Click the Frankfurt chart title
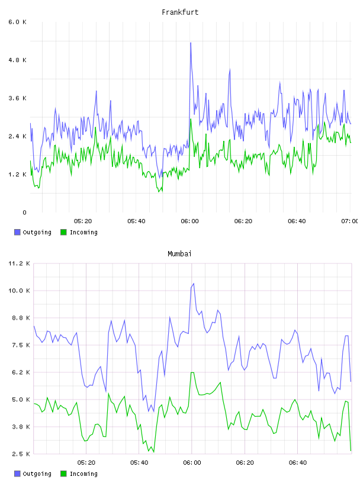pos(180,12)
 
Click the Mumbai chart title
pos(179,254)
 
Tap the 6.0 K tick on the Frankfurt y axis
pos(17,22)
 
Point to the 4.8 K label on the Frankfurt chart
pos(17,60)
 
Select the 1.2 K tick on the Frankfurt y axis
pos(17,175)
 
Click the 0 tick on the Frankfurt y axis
pos(24,212)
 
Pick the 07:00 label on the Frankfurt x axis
pos(350,221)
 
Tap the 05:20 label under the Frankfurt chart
pos(83,221)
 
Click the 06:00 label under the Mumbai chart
pos(192,463)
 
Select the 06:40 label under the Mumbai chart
pos(298,463)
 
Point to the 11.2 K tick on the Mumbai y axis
pos(19,263)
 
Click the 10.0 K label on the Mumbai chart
pos(19,291)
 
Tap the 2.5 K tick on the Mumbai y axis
pos(21,454)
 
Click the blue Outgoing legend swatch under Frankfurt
pos(17,232)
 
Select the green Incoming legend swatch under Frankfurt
pos(63,232)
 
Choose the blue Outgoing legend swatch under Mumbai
pos(17,474)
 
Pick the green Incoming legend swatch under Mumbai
pos(63,474)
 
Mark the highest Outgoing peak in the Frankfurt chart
pos(191,43)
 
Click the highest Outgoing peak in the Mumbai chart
pos(194,284)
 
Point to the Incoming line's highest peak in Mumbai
pos(192,373)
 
